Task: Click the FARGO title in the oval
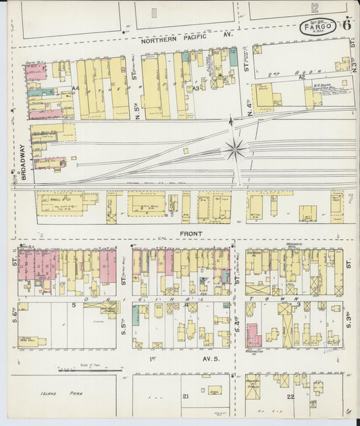pos(317,28)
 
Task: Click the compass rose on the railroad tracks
pos(235,149)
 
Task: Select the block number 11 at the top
pos(155,11)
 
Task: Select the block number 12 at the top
pos(315,9)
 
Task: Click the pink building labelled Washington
pos(253,335)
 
